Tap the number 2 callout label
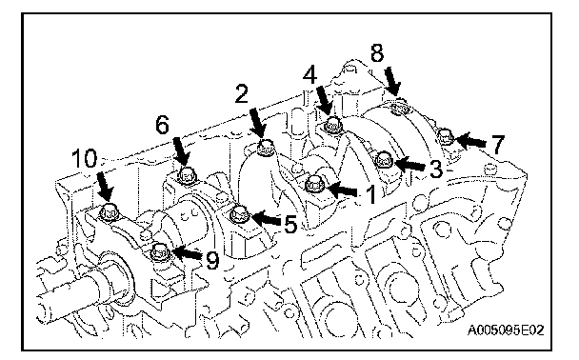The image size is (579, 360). (242, 93)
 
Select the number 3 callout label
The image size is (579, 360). (436, 169)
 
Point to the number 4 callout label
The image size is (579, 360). (309, 75)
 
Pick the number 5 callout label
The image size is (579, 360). (290, 224)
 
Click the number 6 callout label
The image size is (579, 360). (163, 125)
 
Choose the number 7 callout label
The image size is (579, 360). (497, 144)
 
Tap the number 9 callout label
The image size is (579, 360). (212, 260)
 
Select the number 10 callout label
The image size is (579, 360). (85, 158)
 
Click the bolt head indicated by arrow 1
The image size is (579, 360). (315, 184)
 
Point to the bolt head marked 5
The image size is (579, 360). (239, 215)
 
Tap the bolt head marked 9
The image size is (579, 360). (161, 253)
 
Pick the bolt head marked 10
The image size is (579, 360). (109, 212)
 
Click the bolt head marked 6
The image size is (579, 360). (187, 175)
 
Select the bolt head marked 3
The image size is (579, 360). (383, 159)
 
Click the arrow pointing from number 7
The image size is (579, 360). (471, 141)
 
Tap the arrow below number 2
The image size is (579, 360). (258, 124)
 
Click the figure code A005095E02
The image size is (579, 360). (506, 330)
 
